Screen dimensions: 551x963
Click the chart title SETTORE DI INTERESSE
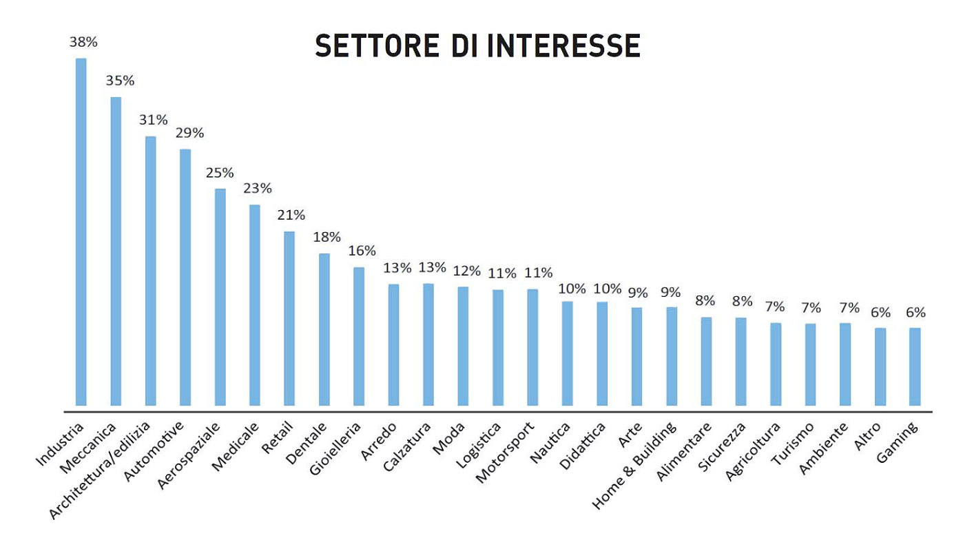(x=477, y=45)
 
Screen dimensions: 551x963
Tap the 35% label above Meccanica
(x=120, y=81)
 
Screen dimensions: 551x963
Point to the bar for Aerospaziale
(x=220, y=297)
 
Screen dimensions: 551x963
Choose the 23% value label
(x=258, y=188)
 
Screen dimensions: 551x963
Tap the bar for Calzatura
(x=428, y=344)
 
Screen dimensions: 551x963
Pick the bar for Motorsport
(x=532, y=347)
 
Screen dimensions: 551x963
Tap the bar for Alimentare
(x=706, y=361)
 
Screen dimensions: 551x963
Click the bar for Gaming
(x=915, y=366)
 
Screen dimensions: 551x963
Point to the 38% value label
(x=83, y=42)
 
